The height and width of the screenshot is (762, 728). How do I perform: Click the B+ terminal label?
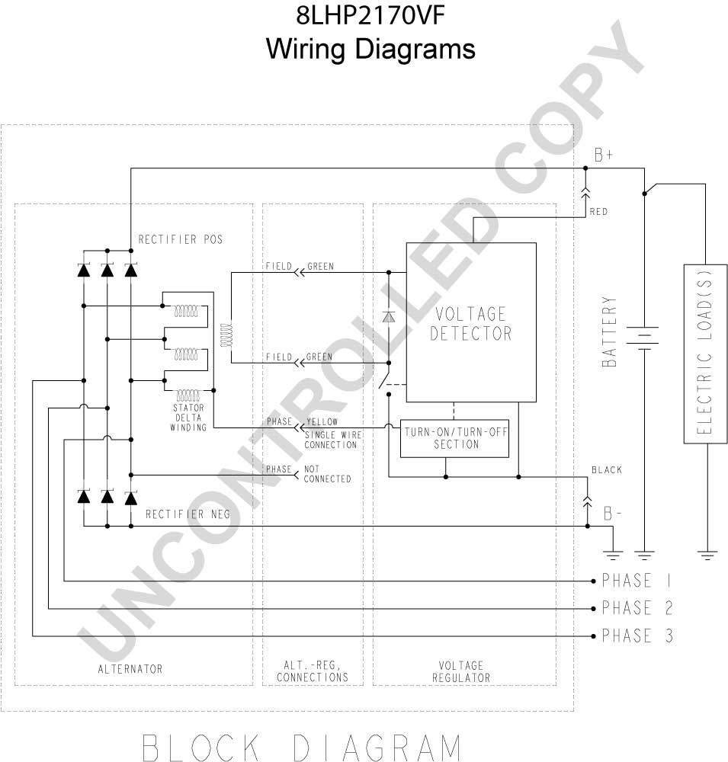click(604, 155)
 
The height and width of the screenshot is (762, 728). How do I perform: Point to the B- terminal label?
click(612, 513)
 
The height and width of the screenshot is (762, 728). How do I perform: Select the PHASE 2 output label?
click(637, 607)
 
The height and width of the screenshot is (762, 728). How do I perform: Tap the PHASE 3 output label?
click(637, 636)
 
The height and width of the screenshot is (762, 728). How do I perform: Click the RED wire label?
click(598, 211)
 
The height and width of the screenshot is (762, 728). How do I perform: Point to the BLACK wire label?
click(607, 470)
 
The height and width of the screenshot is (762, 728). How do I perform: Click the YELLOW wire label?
click(322, 421)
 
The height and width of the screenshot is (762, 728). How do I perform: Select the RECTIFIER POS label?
click(181, 239)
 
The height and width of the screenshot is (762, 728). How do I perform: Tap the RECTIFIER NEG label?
click(188, 514)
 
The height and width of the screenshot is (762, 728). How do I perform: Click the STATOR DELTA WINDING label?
click(188, 418)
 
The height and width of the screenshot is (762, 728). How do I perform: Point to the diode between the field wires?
click(389, 317)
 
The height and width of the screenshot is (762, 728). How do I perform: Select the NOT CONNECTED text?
click(327, 474)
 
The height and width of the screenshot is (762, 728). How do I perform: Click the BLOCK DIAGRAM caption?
click(302, 748)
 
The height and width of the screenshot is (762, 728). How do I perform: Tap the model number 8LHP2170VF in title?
click(370, 15)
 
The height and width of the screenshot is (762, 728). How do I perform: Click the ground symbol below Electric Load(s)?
click(707, 555)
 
